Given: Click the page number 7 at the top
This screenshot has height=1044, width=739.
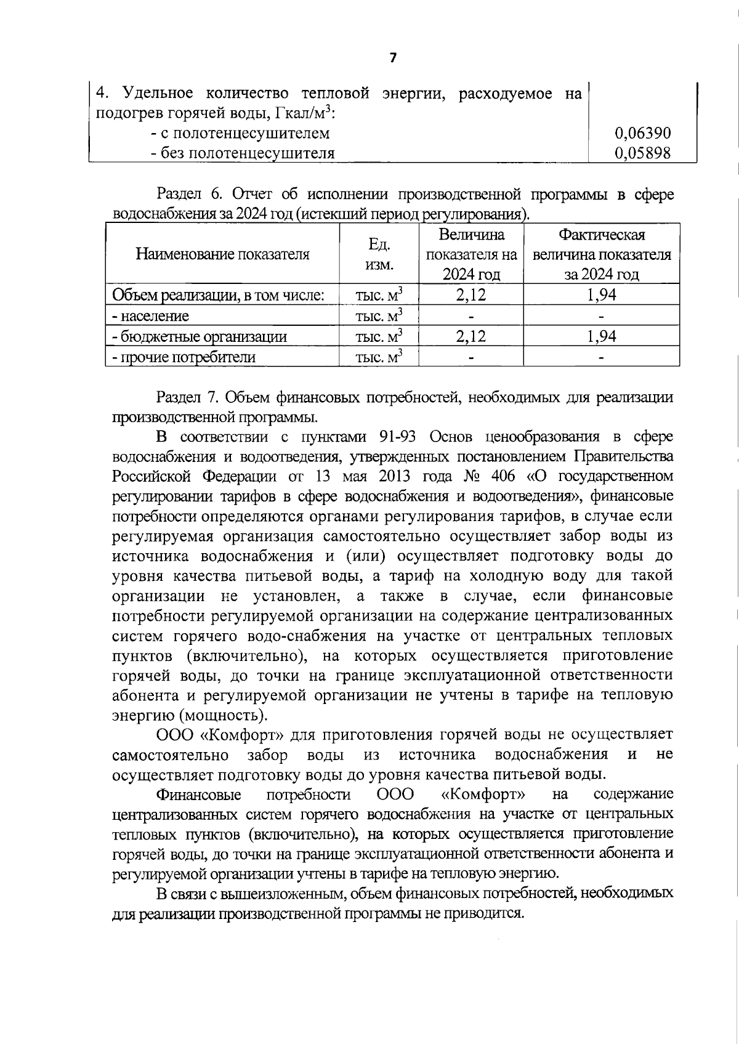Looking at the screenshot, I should click(393, 58).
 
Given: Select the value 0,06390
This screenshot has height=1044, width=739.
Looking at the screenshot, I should click(642, 133).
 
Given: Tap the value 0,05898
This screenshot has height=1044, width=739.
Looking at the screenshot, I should click(642, 153).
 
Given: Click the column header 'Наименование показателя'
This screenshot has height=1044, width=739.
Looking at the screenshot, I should click(222, 254).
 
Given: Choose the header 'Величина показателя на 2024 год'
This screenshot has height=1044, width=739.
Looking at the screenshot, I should click(471, 254).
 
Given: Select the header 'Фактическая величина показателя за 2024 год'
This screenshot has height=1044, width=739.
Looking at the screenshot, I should click(601, 254).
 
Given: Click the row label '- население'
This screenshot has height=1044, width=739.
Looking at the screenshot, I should click(150, 316).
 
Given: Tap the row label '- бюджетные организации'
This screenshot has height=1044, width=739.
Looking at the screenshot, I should click(199, 336).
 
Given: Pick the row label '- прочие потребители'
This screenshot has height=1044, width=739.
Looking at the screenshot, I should click(183, 357).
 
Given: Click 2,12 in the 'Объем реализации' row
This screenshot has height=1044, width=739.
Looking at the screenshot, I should click(470, 295).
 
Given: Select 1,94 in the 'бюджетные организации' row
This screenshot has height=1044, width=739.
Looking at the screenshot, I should click(601, 336).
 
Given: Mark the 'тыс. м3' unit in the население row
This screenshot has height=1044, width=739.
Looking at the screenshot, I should click(379, 316).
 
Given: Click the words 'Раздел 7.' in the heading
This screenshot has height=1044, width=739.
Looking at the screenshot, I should click(185, 397).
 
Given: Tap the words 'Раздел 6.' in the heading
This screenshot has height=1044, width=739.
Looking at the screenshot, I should click(189, 195).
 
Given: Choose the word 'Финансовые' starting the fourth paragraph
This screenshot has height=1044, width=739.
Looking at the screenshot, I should click(199, 794).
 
